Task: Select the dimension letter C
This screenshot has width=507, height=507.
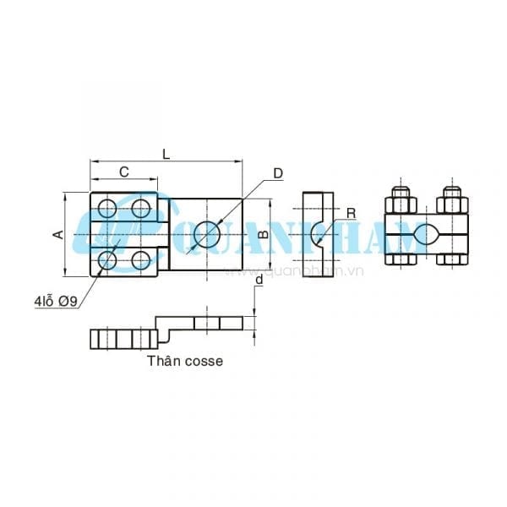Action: [x=123, y=172]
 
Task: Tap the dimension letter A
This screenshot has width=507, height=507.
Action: [x=58, y=234]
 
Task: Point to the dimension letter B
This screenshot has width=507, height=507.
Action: [x=263, y=234]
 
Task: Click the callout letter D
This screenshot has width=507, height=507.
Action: [x=277, y=173]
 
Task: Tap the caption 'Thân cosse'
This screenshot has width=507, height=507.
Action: [x=185, y=360]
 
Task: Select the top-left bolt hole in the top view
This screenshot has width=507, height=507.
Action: [x=106, y=208]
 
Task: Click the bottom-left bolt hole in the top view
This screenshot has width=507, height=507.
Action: [x=106, y=260]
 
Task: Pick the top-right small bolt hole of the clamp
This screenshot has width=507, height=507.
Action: [x=141, y=208]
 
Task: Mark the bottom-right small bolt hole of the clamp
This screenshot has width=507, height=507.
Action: [x=141, y=260]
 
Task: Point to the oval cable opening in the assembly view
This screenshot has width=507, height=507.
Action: [x=427, y=234]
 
